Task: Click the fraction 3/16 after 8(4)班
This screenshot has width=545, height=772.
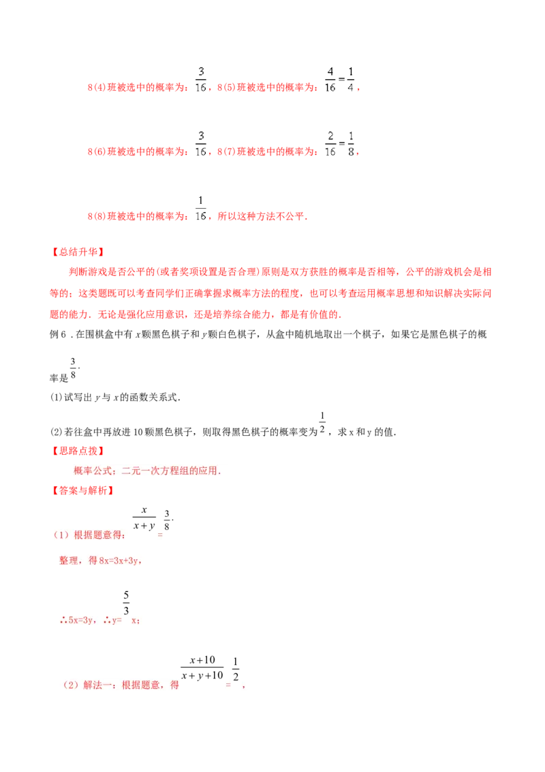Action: tap(201, 79)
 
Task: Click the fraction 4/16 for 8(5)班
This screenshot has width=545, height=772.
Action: tap(330, 79)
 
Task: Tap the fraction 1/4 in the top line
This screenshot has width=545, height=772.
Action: tap(351, 79)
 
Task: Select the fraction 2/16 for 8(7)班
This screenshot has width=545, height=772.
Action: tap(330, 144)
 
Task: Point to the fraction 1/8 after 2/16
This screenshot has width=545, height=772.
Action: tap(351, 144)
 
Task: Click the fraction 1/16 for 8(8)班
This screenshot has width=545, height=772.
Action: tap(201, 208)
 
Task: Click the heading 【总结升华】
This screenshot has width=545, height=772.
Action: tap(78, 252)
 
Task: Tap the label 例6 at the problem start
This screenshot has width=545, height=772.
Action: tap(58, 335)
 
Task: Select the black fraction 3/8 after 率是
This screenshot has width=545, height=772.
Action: tap(73, 368)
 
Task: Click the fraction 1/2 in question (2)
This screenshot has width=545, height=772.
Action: tap(322, 423)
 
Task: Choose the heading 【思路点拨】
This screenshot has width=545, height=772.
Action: tap(78, 451)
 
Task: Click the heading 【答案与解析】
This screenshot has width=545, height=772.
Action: tap(83, 490)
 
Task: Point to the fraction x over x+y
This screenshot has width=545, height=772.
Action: tap(144, 518)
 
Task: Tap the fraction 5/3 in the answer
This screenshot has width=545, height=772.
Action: tap(127, 603)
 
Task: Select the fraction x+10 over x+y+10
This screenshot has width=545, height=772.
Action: tap(202, 668)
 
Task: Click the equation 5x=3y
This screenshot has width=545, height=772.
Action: tap(80, 621)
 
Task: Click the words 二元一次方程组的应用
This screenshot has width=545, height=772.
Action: tap(169, 471)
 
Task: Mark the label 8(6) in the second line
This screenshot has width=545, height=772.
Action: tap(97, 151)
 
